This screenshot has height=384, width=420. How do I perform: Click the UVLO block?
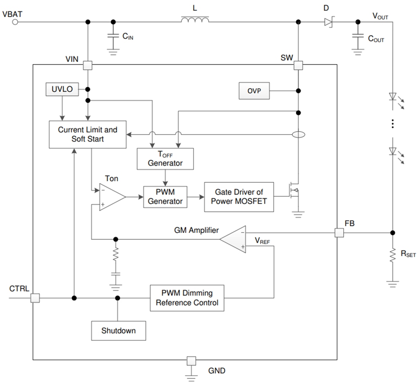coord(62,89)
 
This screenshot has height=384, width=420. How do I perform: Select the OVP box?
coord(254,91)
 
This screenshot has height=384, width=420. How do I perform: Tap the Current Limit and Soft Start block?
coord(87,134)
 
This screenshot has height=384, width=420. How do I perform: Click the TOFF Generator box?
coord(165,159)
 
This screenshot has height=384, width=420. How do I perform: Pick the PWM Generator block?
coord(165,197)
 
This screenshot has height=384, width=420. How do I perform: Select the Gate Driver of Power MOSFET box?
coord(239,197)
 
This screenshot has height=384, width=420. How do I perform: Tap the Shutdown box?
coord(118,330)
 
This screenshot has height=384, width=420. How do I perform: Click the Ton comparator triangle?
coord(111,197)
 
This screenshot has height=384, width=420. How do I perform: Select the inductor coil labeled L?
coord(195,20)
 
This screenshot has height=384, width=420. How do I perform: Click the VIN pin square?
coord(88,65)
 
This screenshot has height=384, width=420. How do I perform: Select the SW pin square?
coord(298,65)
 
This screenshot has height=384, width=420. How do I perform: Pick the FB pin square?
coord(339,233)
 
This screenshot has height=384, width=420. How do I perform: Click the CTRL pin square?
coord(35,298)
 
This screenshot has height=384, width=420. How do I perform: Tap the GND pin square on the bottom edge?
coord(191,360)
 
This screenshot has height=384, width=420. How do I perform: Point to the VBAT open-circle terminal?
coord(15,22)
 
